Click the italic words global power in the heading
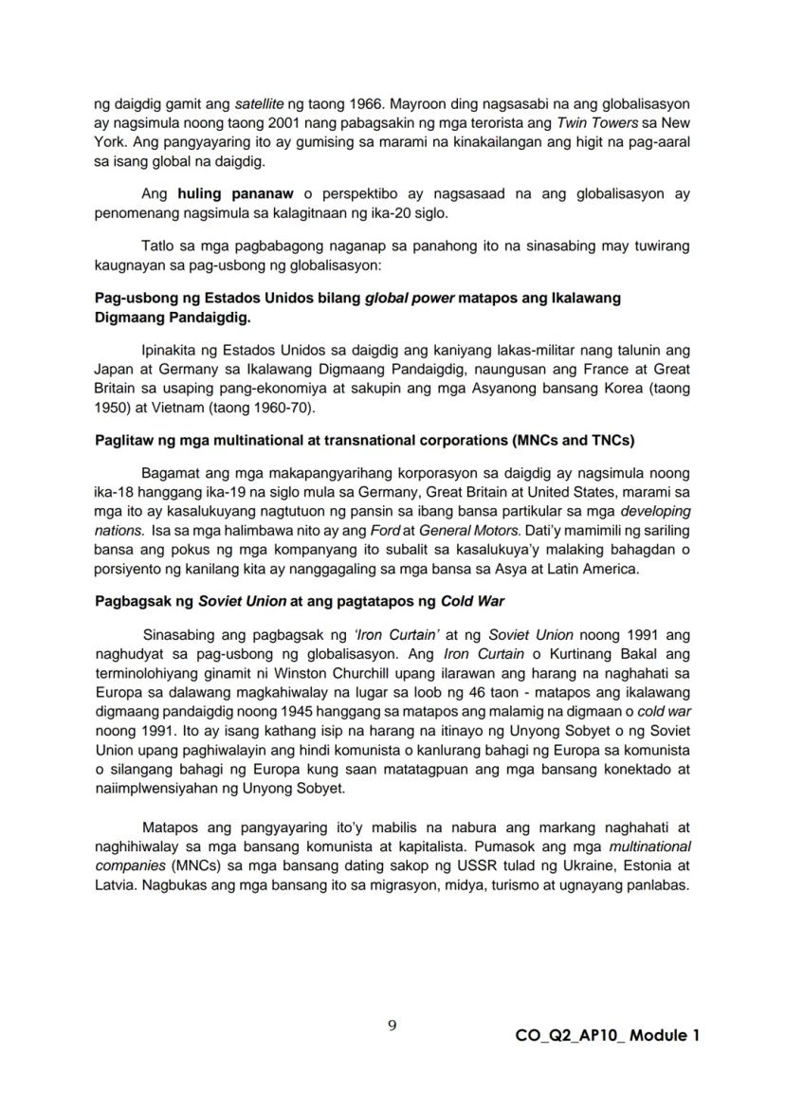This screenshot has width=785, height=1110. [x=409, y=298]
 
